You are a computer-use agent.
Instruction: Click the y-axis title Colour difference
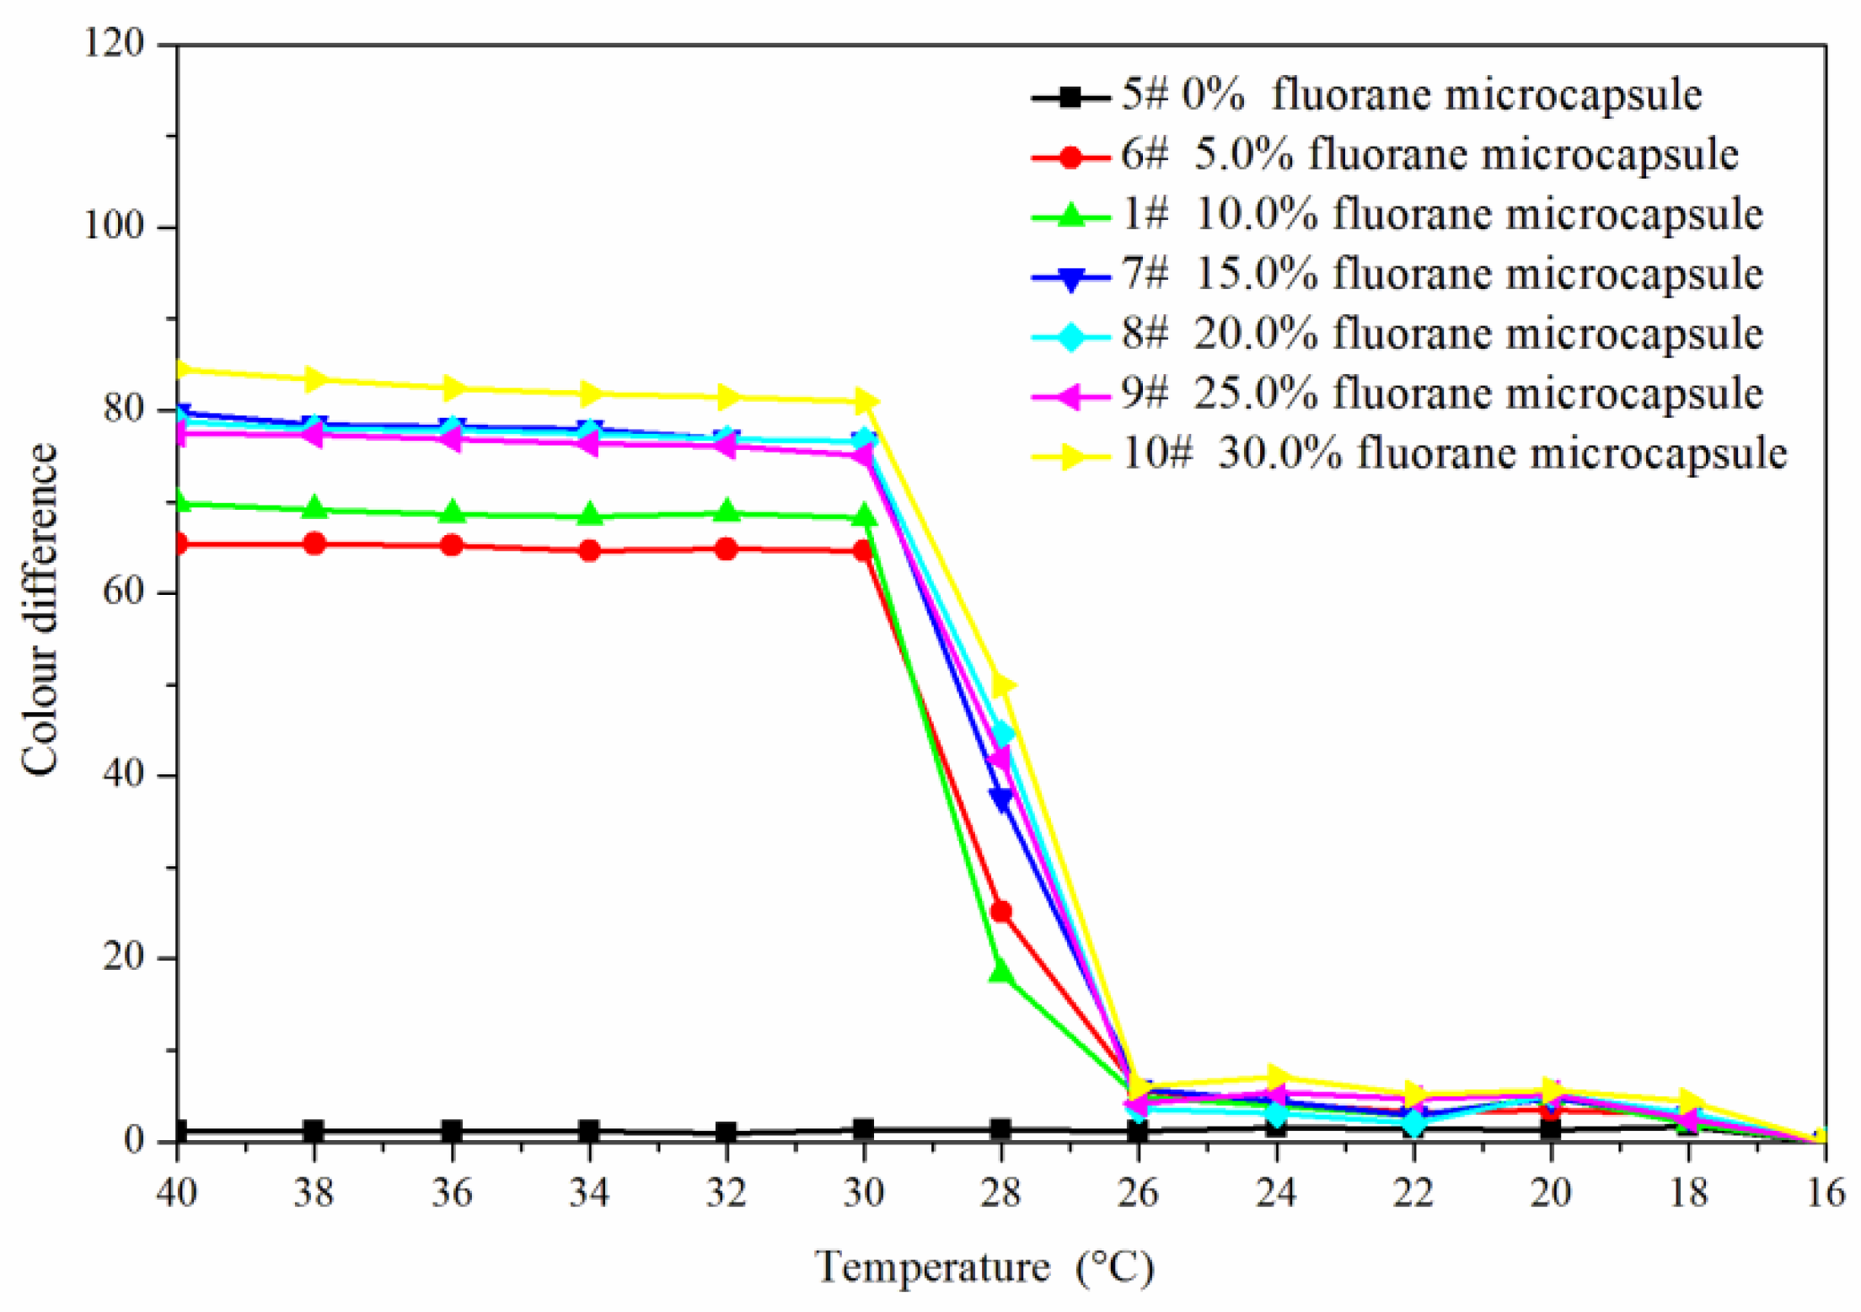pyautogui.click(x=40, y=608)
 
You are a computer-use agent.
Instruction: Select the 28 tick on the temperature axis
pyautogui.click(x=1000, y=1193)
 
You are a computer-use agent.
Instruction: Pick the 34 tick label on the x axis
pyautogui.click(x=588, y=1193)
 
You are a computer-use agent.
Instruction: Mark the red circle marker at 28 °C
pyautogui.click(x=1000, y=912)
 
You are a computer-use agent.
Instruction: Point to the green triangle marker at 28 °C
pyautogui.click(x=1000, y=972)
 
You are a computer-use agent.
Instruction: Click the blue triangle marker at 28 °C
pyautogui.click(x=1000, y=799)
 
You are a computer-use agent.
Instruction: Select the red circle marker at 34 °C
pyautogui.click(x=589, y=551)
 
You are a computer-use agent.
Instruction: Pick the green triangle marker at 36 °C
pyautogui.click(x=452, y=511)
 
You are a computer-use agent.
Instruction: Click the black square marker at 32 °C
pyautogui.click(x=726, y=1132)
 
